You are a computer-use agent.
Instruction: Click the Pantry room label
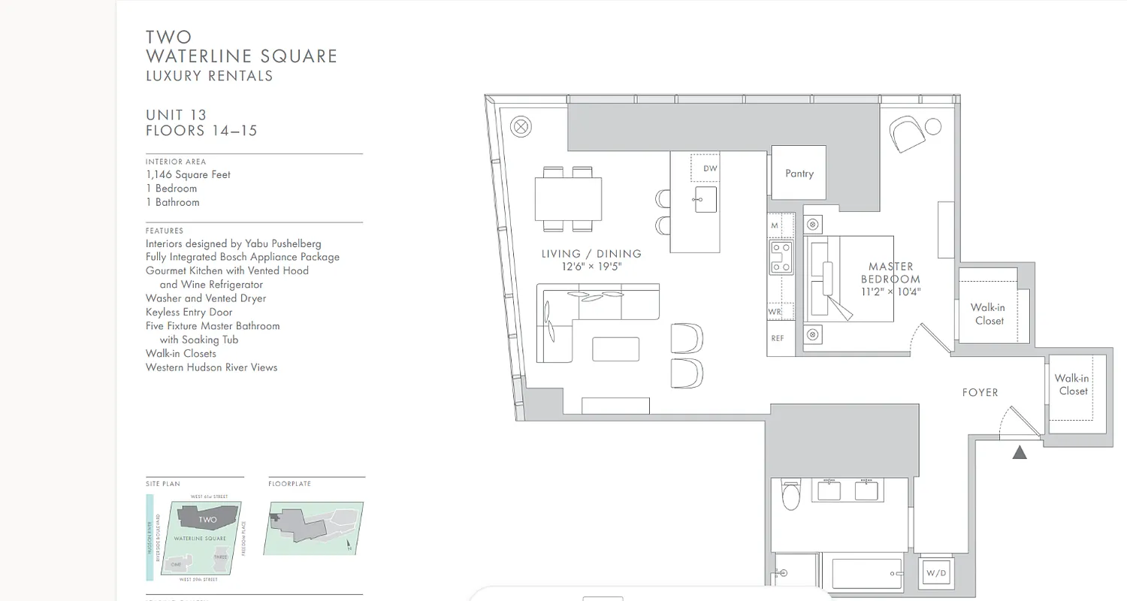799,174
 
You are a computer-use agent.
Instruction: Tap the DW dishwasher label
710,168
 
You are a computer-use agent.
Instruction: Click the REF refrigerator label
778,338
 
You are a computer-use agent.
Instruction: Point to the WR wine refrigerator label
775,312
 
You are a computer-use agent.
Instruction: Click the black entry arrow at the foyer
1020,452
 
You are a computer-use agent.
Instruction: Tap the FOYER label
980,392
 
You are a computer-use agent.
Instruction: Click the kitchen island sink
706,199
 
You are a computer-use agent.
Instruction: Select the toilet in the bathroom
792,495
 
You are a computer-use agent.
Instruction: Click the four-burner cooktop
781,257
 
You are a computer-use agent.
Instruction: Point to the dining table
568,198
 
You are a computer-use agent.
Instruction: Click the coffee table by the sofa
615,349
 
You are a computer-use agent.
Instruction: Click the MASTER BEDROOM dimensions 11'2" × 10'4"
891,292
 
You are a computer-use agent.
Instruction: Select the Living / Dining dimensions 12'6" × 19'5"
591,267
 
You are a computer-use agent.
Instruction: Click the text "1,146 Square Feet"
189,174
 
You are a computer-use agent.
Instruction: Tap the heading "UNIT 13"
176,115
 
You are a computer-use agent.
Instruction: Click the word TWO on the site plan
207,519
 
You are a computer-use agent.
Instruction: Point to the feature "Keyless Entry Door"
189,312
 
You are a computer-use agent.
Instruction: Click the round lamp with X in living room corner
521,126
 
